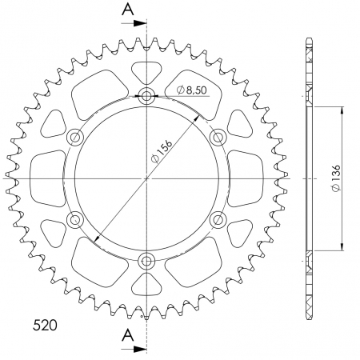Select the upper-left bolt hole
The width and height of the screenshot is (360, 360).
click(77, 137)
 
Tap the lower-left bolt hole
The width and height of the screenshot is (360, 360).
click(77, 218)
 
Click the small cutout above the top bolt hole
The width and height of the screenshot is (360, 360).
click(147, 72)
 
